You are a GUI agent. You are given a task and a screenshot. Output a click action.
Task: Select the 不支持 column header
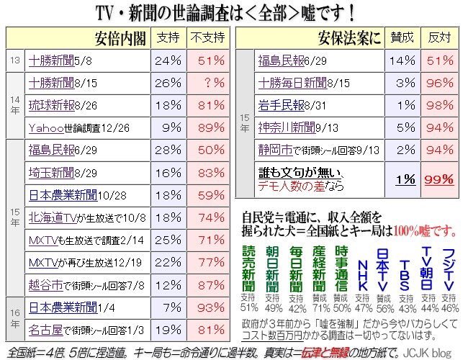tap(206, 38)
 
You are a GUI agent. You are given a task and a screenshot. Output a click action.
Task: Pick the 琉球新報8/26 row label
tap(61, 105)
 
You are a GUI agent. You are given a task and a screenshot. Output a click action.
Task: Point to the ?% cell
tap(206, 83)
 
